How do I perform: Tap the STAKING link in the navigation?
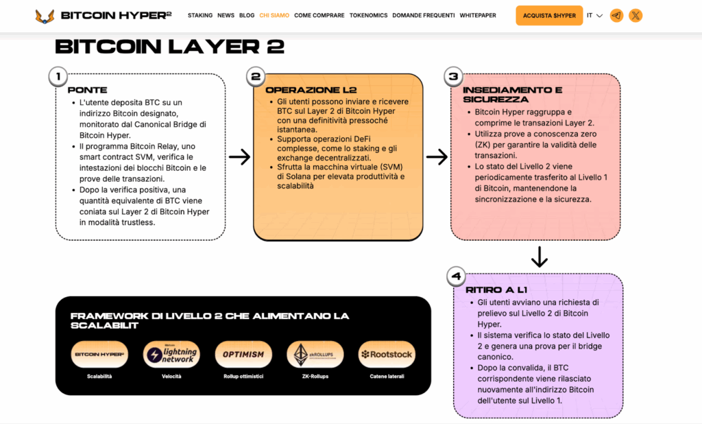tap(200, 15)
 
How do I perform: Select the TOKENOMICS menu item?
tap(368, 15)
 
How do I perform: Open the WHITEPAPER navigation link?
tap(478, 15)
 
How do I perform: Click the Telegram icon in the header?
tap(616, 15)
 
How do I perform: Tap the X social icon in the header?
tap(636, 15)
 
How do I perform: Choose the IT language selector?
tap(594, 15)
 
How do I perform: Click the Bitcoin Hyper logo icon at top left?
tap(45, 15)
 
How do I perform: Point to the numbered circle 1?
tap(59, 77)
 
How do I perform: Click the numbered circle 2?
tap(256, 77)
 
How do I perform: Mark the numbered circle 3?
tap(453, 77)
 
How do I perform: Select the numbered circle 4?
tap(456, 276)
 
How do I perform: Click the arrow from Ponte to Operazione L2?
tap(239, 157)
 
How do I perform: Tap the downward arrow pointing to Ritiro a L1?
tap(539, 257)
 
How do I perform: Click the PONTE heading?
tap(87, 90)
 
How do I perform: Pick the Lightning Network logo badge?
tap(171, 354)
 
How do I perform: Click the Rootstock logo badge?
tap(387, 354)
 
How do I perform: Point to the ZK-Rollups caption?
tap(315, 377)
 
